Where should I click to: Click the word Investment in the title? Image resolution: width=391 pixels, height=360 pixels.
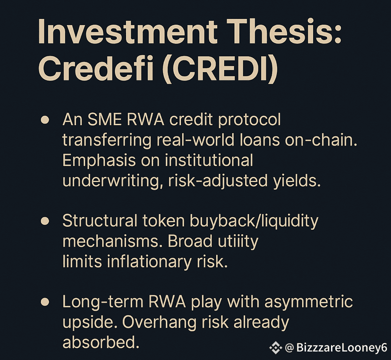pyautogui.click(x=127, y=33)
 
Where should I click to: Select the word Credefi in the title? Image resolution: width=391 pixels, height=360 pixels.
pyautogui.click(x=95, y=68)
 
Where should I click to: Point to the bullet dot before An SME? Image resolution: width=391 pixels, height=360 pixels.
pyautogui.click(x=45, y=120)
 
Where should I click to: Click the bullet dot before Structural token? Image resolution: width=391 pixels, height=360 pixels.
pyautogui.click(x=45, y=221)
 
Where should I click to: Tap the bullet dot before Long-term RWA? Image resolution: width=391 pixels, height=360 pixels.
pyautogui.click(x=45, y=302)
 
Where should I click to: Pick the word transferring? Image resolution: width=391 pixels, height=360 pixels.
pyautogui.click(x=107, y=141)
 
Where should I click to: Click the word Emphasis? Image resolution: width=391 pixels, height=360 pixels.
pyautogui.click(x=99, y=161)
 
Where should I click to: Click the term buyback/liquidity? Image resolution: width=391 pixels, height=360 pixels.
pyautogui.click(x=254, y=222)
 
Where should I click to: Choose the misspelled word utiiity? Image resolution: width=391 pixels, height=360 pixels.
pyautogui.click(x=238, y=242)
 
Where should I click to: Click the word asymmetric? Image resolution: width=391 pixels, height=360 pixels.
pyautogui.click(x=309, y=302)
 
